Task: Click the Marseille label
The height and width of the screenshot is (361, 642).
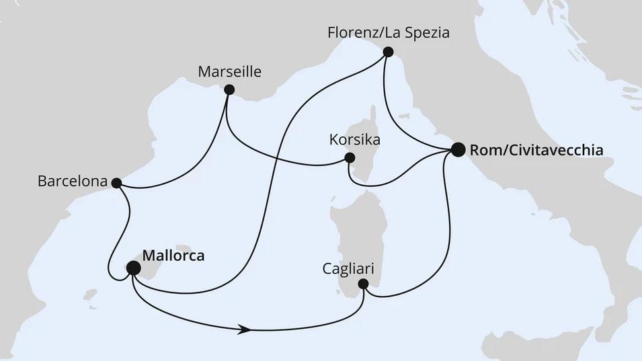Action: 230,71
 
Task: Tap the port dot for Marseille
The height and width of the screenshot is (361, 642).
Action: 229,89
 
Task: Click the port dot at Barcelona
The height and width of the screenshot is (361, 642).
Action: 116,182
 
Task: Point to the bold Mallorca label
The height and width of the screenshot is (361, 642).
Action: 173,255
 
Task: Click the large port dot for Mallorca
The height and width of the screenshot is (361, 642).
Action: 134,268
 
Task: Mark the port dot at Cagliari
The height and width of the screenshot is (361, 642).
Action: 364,284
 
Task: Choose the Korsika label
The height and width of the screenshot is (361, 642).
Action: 356,141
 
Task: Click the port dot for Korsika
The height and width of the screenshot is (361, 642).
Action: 349,158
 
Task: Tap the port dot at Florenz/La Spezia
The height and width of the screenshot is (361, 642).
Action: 387,51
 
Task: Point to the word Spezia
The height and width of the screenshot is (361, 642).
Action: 423,32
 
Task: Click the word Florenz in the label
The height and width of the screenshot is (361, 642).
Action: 349,32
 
